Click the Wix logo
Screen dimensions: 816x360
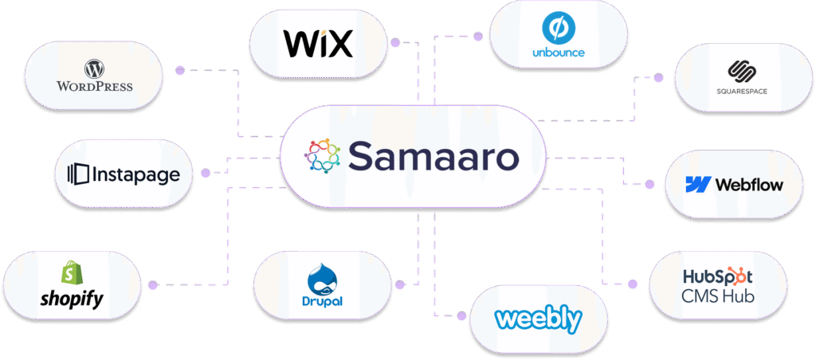318,43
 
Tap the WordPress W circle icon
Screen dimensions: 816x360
95,68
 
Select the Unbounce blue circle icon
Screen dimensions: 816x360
558,29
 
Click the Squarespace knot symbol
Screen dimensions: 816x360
741,72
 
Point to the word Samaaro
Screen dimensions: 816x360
433,155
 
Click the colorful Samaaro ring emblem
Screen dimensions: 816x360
322,155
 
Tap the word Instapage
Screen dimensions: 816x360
135,175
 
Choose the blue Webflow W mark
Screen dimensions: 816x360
698,184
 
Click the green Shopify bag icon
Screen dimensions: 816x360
71,273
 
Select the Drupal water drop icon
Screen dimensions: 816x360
322,281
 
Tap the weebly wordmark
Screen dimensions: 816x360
538,318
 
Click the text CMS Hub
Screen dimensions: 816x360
718,296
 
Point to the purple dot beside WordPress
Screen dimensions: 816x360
180,70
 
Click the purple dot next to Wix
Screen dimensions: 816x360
395,43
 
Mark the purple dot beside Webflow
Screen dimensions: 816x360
649,184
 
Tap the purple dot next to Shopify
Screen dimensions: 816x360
152,284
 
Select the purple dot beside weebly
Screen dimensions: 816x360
461,315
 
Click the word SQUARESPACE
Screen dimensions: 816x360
741,92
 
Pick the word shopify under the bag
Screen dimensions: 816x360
72,299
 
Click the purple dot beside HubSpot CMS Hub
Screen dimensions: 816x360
632,284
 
